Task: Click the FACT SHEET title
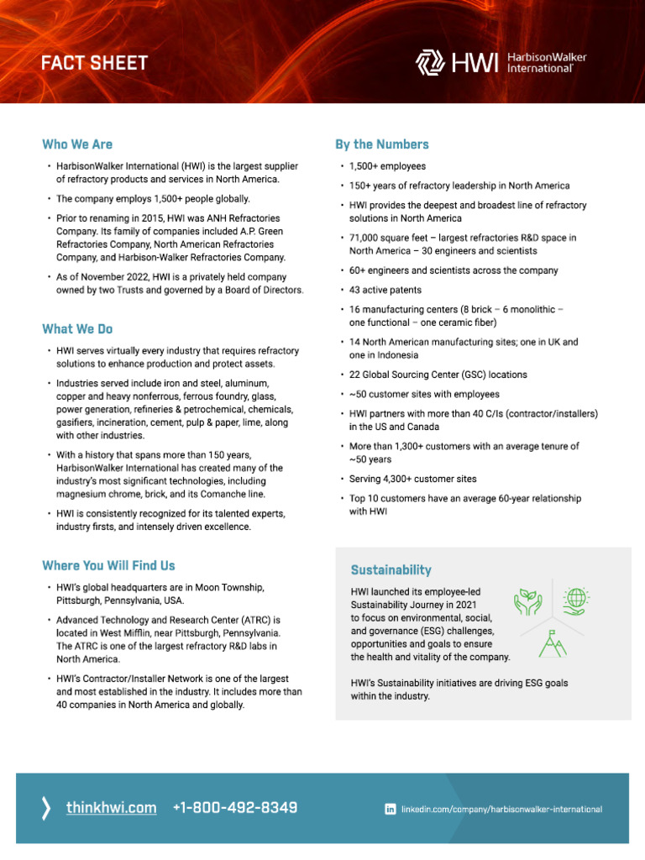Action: (95, 63)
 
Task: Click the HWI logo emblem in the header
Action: (432, 62)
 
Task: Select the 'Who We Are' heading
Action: (77, 144)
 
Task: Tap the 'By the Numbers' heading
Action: (382, 144)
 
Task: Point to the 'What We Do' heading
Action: (77, 329)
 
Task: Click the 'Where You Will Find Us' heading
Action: (108, 566)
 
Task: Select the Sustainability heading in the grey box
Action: (391, 570)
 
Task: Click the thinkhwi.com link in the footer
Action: (111, 808)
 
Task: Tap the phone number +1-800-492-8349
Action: (234, 808)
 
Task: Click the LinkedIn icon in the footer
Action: (390, 809)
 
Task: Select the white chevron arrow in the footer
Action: (45, 808)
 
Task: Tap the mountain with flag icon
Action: (551, 642)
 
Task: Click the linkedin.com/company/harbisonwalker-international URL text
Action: (501, 810)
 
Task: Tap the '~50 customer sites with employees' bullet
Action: (424, 394)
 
